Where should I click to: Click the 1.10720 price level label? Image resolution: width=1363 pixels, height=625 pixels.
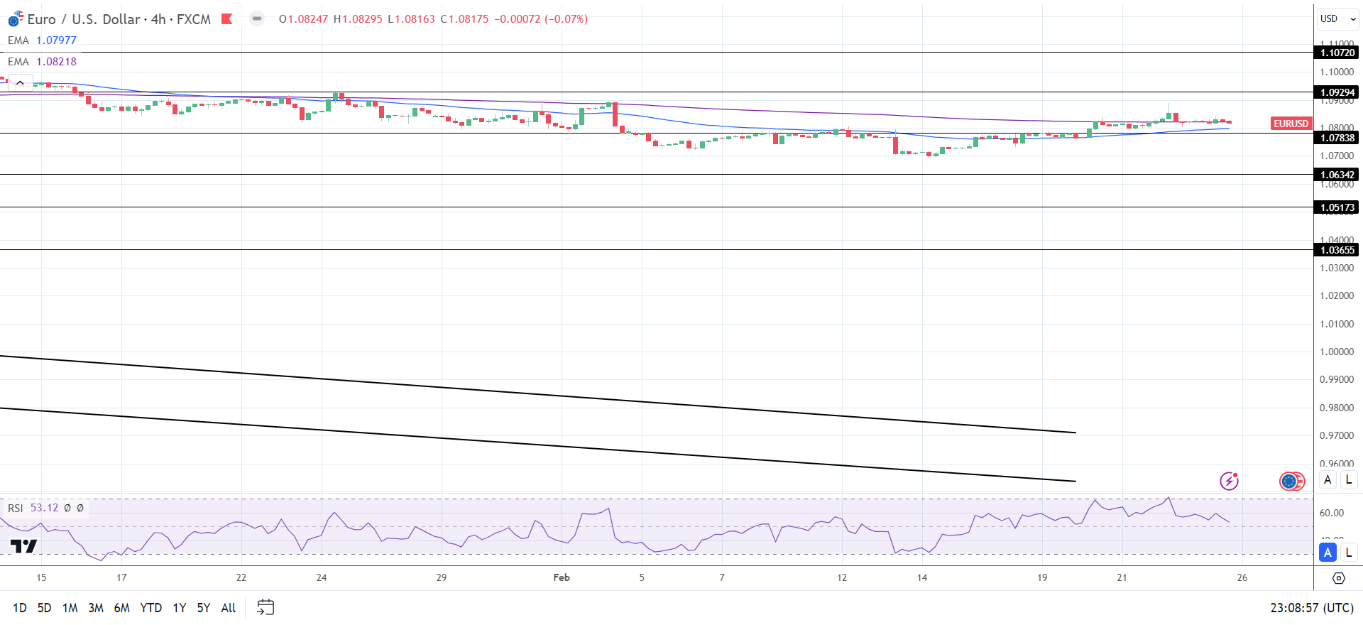1337,53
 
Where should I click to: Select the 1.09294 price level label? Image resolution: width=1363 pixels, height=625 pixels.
1337,92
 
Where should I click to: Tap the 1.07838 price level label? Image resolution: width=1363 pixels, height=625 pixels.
1337,138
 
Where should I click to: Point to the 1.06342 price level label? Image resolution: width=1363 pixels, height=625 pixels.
1337,175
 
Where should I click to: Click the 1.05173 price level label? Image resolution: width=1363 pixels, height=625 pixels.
1337,207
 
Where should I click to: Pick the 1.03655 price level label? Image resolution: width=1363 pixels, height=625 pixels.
1337,250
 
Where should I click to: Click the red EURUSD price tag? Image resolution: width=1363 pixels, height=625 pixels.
1291,124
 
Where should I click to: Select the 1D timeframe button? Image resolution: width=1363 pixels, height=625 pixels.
20,608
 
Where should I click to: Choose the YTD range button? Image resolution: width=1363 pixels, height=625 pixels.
150,608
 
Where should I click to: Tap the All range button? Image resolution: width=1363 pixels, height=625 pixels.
228,608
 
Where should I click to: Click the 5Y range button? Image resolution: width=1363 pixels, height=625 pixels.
204,608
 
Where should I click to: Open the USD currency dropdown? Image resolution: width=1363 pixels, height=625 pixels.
1337,19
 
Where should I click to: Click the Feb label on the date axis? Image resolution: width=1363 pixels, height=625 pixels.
562,577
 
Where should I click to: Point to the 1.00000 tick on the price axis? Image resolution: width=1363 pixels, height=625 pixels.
1337,352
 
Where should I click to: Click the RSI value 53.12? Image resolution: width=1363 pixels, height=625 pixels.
45,508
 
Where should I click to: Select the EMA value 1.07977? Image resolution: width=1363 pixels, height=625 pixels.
56,40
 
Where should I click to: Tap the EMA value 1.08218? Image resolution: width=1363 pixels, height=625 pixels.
56,62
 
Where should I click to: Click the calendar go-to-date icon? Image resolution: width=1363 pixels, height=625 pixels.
266,607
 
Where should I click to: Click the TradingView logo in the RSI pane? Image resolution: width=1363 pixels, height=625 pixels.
23,546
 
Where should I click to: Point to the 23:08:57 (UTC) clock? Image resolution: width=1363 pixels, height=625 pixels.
1311,608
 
